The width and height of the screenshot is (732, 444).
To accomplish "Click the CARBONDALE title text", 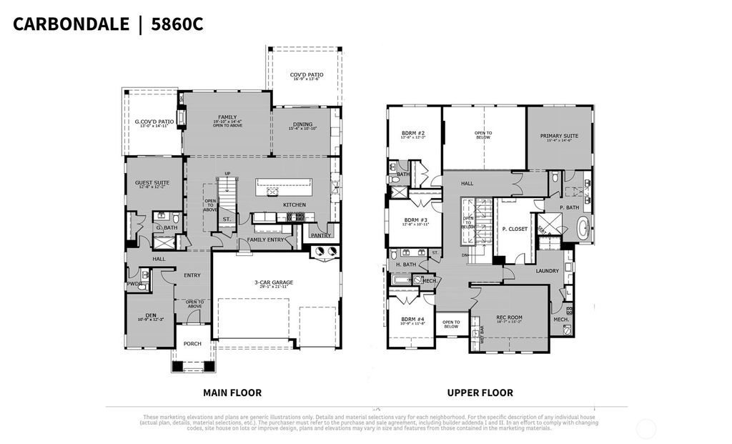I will (70, 24).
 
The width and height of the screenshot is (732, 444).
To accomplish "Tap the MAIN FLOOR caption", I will (232, 393).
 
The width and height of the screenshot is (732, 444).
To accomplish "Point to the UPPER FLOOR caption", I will (480, 393).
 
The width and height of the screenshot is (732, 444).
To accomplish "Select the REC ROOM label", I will (510, 317).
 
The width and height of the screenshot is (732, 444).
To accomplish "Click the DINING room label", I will (301, 124).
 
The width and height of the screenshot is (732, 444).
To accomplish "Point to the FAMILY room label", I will (227, 117).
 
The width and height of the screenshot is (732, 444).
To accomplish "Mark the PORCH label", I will (192, 344).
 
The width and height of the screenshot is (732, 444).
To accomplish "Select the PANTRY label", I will (320, 234).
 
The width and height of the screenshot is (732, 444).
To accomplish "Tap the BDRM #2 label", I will (413, 134).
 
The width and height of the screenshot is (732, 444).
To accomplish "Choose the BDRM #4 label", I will (413, 319).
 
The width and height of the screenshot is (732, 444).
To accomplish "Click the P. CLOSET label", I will (514, 230).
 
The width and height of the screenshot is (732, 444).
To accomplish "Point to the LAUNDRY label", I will (546, 271).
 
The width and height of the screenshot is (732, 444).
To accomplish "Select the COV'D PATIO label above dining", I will (306, 74).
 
